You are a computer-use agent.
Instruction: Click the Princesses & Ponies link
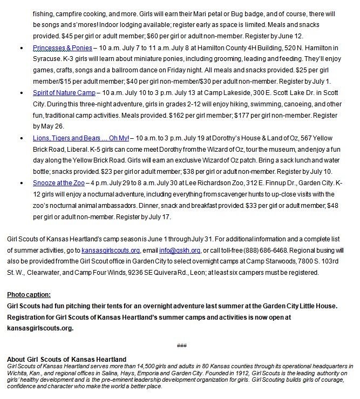(x=62, y=48)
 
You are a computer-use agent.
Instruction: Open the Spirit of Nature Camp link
(x=64, y=93)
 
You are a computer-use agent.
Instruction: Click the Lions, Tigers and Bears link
(x=81, y=138)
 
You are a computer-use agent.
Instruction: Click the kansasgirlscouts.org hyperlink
(x=111, y=251)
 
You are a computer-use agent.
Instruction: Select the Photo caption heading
(x=29, y=295)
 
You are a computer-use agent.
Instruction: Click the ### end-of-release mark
(x=181, y=345)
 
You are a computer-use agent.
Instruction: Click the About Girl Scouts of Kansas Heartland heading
(x=66, y=360)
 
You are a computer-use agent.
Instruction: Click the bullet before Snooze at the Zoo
(x=20, y=183)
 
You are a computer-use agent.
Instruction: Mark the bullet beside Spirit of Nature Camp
(x=20, y=93)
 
